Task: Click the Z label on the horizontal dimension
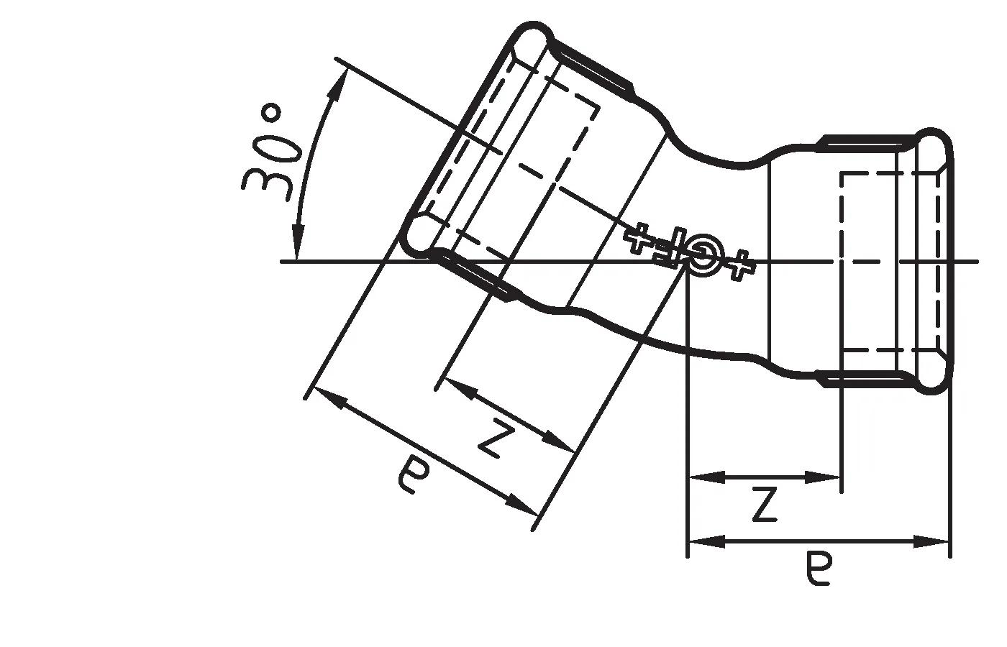[764, 505]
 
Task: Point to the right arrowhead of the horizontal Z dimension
[827, 477]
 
